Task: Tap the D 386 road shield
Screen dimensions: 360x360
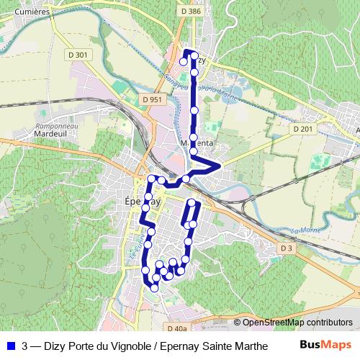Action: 191,12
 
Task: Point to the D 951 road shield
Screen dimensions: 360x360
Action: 152,99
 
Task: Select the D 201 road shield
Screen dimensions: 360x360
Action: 303,128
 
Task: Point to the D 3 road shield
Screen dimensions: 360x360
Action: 287,248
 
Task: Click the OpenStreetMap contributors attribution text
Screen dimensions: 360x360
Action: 297,323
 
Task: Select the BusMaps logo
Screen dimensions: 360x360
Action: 326,346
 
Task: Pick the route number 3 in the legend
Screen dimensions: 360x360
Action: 25,346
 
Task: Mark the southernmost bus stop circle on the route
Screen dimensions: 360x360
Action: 154,287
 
